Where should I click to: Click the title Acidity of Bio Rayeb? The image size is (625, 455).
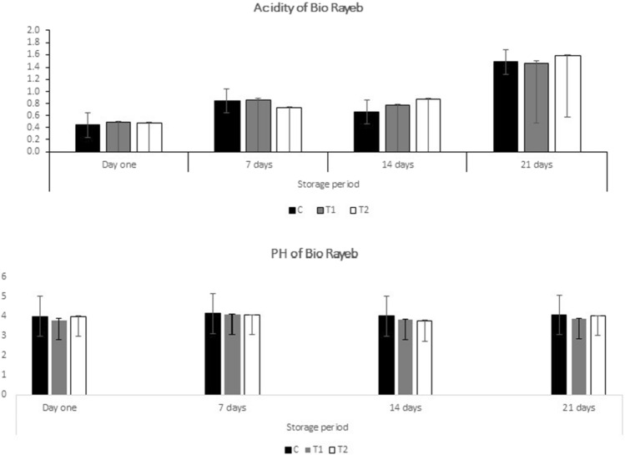[x=313, y=8]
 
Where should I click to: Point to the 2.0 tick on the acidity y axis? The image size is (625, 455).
[x=33, y=31]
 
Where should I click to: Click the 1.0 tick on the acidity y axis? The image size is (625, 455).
[x=33, y=92]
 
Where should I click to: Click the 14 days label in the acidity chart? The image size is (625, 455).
[x=396, y=164]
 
